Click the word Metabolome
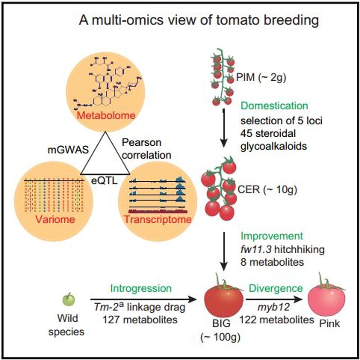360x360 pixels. [106, 115]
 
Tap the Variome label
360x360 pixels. [55, 219]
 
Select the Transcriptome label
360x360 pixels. [158, 219]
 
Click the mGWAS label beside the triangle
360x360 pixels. [68, 150]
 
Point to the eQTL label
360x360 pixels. [105, 181]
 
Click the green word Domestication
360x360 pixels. [274, 106]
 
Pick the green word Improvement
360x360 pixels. [272, 236]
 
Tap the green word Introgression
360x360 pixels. [141, 288]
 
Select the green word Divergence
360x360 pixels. [276, 288]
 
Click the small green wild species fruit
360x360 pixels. [68, 299]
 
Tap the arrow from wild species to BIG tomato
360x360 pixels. [143, 299]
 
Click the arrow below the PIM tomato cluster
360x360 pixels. [223, 128]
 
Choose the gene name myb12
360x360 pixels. [273, 307]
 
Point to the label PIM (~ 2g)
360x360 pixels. [261, 78]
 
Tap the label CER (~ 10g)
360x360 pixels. [268, 189]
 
